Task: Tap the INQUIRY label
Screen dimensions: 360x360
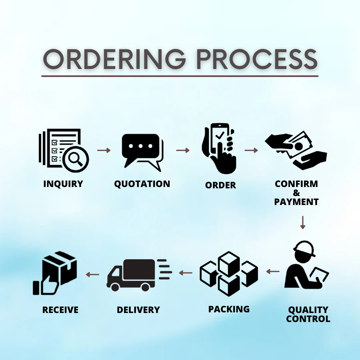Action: coord(63,184)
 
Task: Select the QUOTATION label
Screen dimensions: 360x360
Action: coord(142,184)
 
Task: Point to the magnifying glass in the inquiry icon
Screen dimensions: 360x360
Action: coord(76,159)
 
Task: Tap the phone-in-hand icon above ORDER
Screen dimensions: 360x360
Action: coord(219,148)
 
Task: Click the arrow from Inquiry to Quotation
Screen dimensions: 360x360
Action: coord(104,150)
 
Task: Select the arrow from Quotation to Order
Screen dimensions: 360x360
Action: coord(183,150)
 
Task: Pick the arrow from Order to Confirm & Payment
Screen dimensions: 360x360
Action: coord(251,150)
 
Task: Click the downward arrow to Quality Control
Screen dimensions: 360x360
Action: coord(303,222)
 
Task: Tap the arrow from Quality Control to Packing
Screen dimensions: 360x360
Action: coord(273,271)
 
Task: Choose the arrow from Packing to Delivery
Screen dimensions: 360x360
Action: coord(186,273)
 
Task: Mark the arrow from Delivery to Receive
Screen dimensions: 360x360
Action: coord(93,274)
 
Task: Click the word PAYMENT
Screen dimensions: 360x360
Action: coord(296,202)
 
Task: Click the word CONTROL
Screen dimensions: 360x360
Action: coord(308,319)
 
